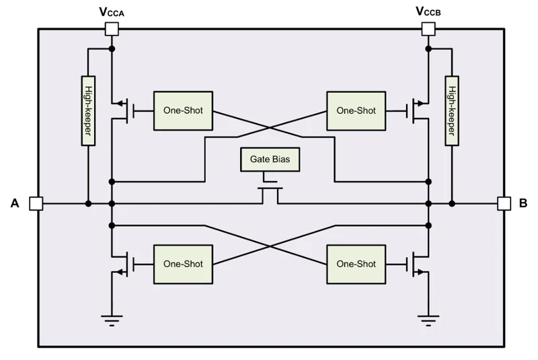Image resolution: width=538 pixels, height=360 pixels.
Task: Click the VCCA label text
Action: click(x=112, y=12)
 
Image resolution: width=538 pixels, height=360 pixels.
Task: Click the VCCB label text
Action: click(x=428, y=11)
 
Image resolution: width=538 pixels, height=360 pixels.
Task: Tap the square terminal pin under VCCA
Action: click(x=112, y=29)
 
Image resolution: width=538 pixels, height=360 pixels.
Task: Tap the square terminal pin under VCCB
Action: click(x=428, y=29)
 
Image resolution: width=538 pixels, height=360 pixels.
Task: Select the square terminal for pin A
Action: click(x=36, y=203)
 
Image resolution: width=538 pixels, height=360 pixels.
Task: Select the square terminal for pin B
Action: click(x=504, y=203)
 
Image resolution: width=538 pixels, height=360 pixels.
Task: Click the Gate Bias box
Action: click(x=270, y=159)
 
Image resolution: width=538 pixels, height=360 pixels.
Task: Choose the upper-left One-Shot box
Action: click(x=183, y=111)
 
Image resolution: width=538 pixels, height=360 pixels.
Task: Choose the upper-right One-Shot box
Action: click(x=356, y=111)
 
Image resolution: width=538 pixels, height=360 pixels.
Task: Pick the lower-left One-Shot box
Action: click(x=183, y=264)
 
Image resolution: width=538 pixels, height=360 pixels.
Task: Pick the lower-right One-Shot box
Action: click(x=356, y=264)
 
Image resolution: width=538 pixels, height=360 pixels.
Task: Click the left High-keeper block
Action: click(x=88, y=111)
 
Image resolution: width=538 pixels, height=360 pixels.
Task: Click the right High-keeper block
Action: click(x=452, y=111)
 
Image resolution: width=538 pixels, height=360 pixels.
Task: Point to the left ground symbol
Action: click(x=112, y=320)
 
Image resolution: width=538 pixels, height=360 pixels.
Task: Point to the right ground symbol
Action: click(x=428, y=320)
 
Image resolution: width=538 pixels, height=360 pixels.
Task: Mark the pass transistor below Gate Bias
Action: click(x=270, y=195)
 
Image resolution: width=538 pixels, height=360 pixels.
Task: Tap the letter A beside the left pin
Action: click(x=15, y=203)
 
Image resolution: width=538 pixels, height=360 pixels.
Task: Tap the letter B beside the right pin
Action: click(x=523, y=203)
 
